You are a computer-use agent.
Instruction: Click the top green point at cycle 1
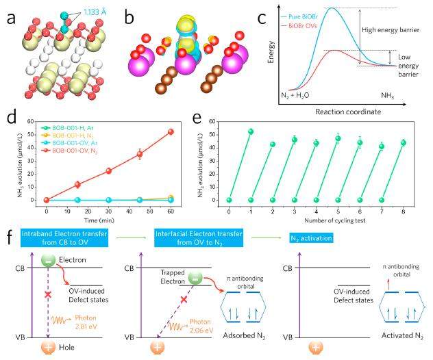pyautogui.click(x=251, y=131)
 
